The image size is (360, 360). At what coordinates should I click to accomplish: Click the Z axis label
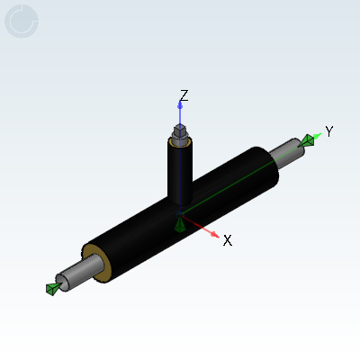coord(184,94)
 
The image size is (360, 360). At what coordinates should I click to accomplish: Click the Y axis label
coord(329,131)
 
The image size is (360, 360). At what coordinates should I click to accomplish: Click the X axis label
coord(228,240)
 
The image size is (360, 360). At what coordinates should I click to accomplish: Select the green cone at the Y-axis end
coord(309,139)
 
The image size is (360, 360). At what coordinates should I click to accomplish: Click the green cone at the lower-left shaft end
coord(52,288)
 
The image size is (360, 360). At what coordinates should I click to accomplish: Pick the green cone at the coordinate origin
coord(180,224)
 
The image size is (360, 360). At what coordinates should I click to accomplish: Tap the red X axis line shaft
coord(200,229)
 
